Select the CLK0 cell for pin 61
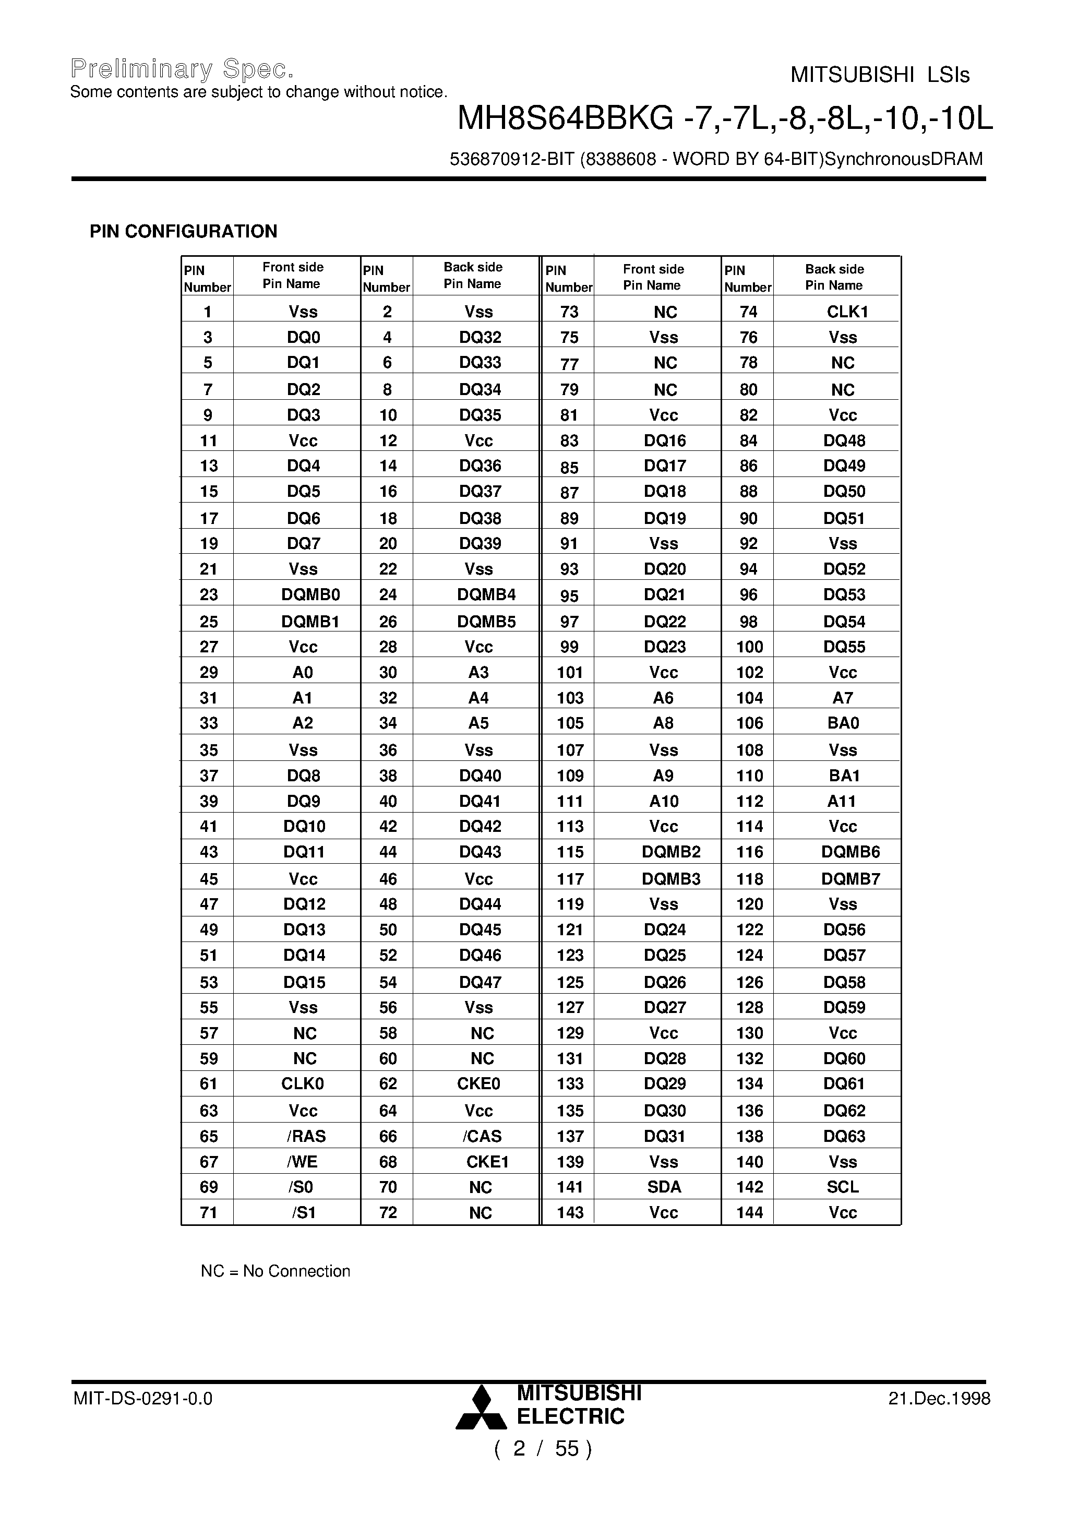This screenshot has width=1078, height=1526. pyautogui.click(x=303, y=1083)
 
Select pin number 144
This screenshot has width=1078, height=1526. pyautogui.click(x=749, y=1212)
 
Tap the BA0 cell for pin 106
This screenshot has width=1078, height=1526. pyautogui.click(x=843, y=723)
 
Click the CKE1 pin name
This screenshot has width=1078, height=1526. pyautogui.click(x=486, y=1161)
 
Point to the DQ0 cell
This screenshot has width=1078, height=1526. pyautogui.click(x=303, y=338)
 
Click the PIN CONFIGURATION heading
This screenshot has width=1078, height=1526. pyautogui.click(x=184, y=231)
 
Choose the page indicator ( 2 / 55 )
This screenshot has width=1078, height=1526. pyautogui.click(x=542, y=1448)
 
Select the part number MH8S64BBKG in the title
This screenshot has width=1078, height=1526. pyautogui.click(x=565, y=120)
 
